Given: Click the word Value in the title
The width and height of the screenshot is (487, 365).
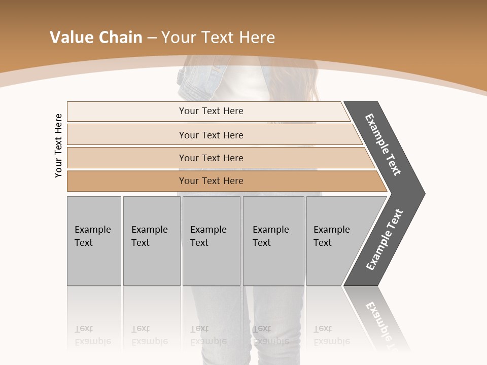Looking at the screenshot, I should [x=72, y=38].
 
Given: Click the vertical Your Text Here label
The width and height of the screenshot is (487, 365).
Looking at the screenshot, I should [x=58, y=146].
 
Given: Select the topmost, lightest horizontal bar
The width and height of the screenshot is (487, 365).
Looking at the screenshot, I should [x=211, y=111].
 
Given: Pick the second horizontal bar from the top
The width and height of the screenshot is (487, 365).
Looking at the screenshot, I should [x=211, y=135].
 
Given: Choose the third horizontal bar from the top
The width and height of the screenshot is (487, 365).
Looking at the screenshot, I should [x=211, y=158].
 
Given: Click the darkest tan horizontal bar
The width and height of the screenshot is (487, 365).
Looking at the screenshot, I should [x=211, y=181].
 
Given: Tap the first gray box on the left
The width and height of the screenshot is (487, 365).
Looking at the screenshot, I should [x=94, y=241].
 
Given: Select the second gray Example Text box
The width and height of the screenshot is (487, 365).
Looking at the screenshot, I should [x=151, y=241].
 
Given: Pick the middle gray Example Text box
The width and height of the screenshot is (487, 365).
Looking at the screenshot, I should [x=211, y=241].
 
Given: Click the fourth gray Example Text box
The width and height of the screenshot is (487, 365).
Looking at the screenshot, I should [x=273, y=241].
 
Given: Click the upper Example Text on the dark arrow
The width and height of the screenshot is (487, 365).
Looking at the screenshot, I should [x=383, y=144].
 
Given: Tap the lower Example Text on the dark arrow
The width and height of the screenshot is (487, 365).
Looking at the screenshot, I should [x=384, y=240].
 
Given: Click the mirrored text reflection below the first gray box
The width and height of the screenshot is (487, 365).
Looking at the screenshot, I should [x=92, y=335].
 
